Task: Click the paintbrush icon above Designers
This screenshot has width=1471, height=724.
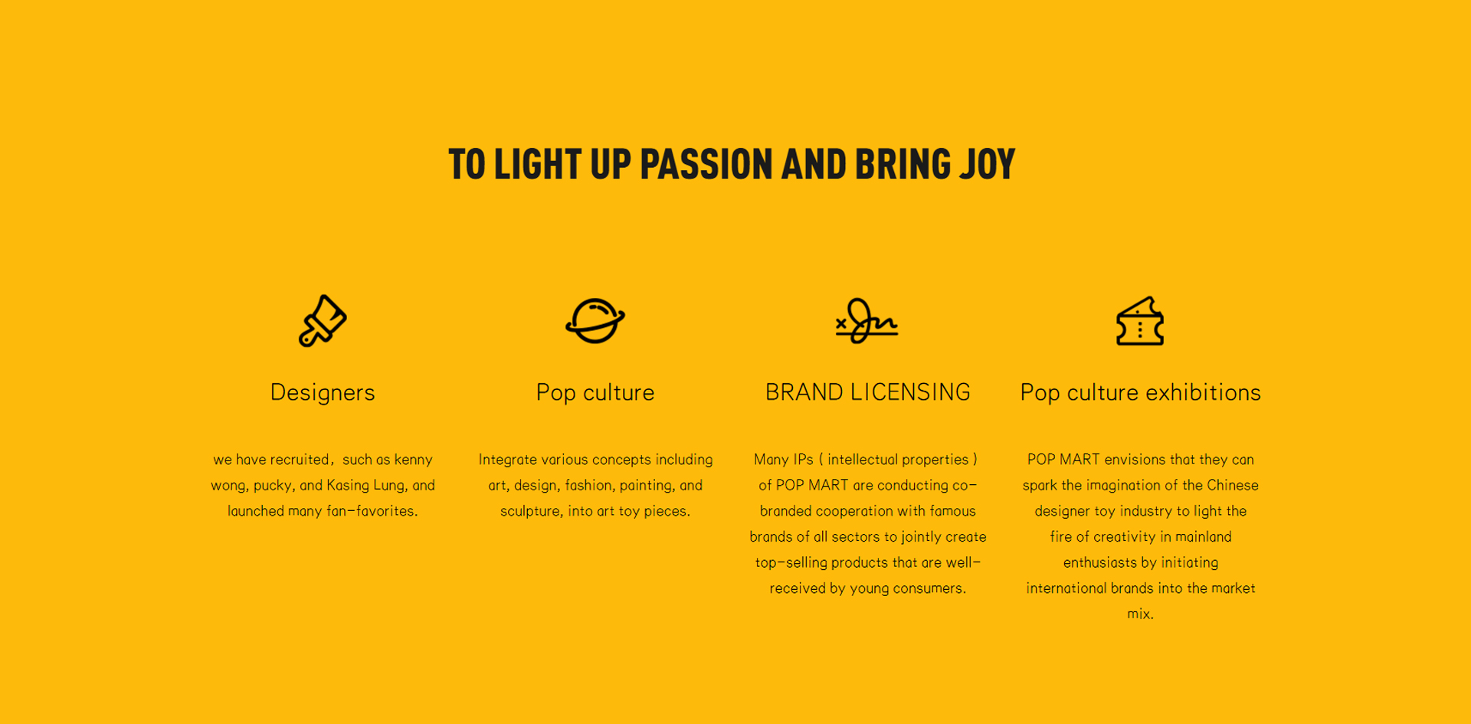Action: [323, 321]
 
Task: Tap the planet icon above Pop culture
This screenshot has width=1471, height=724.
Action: [595, 321]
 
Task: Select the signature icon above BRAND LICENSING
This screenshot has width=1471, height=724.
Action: [867, 321]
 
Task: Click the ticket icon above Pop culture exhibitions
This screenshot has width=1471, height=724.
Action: [1140, 321]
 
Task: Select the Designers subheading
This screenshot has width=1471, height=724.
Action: [323, 393]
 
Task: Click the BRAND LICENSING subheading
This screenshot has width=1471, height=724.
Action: [868, 392]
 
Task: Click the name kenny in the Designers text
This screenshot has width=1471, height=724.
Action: [414, 460]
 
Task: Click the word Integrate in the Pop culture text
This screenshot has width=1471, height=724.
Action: [508, 460]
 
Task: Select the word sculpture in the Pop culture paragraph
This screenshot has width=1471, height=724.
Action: [530, 511]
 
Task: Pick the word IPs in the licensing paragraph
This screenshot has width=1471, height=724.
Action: [803, 460]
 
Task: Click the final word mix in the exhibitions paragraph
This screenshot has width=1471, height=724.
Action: [1138, 614]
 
